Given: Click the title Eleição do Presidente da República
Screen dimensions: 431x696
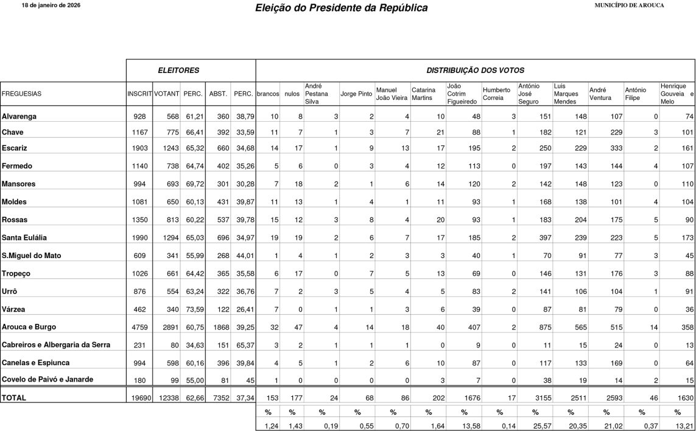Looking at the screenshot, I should pos(342,8).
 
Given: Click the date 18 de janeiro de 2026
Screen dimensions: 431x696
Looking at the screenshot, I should pos(51,5).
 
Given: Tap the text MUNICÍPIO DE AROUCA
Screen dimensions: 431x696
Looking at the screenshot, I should pos(629,5).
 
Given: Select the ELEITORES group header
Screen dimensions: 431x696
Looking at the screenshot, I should pos(178,71).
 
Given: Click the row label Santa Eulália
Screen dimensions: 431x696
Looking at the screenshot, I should pos(24,237).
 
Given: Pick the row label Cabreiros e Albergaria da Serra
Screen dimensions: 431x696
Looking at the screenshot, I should pos(56,345).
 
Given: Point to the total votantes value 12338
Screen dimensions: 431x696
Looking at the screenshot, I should pos(166,398).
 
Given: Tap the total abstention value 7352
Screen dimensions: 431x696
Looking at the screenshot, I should pos(217,398).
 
